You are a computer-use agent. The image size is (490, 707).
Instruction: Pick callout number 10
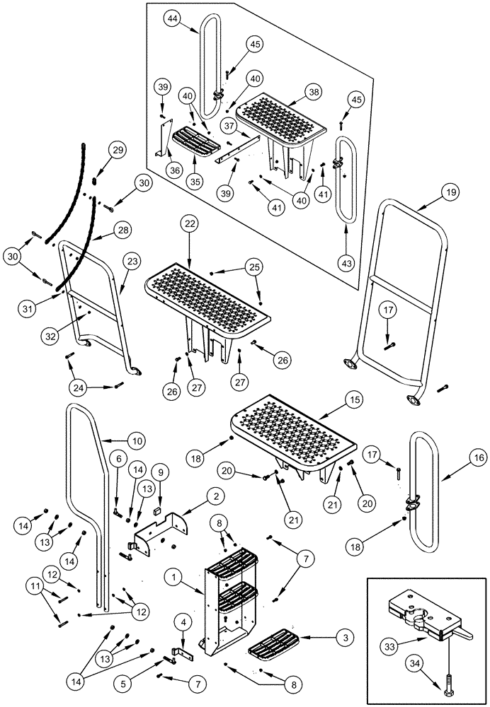tap(137, 441)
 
